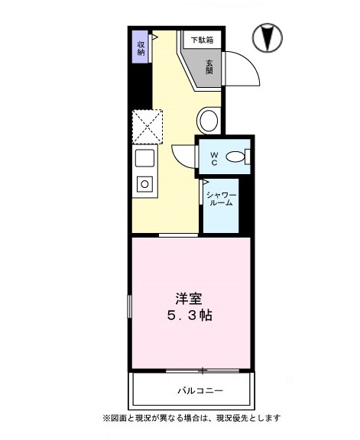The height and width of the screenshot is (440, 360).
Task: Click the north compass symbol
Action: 267,36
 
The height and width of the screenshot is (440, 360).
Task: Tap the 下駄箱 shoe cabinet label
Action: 202,39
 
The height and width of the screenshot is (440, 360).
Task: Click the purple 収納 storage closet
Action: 141,48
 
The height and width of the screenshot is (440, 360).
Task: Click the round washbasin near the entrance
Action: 208,121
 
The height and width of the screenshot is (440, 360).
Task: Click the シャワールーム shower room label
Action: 222,200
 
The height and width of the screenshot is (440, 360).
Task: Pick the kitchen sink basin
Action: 144,159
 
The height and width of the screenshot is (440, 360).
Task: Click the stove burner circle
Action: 144,183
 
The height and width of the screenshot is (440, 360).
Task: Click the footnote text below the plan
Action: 191,418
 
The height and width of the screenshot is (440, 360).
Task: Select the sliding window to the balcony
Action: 202,371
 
